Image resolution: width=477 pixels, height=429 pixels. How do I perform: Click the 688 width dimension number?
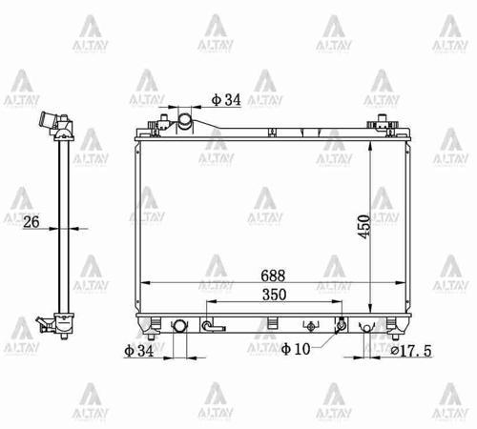point(273,275)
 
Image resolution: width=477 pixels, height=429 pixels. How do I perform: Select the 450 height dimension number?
point(364,226)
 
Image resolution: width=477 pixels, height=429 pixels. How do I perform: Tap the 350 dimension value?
point(273,294)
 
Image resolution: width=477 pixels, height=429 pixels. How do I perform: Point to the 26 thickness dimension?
point(31,222)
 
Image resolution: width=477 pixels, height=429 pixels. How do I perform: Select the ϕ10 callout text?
point(297,351)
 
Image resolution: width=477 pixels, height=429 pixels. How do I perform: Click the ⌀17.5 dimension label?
point(422,351)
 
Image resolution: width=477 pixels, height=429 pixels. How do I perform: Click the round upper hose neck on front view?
point(185,120)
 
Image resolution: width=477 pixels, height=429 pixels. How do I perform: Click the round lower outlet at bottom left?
point(177,326)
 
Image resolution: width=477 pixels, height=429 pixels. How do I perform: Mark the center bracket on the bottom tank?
point(273,323)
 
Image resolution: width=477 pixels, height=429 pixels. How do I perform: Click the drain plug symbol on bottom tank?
point(209,327)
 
